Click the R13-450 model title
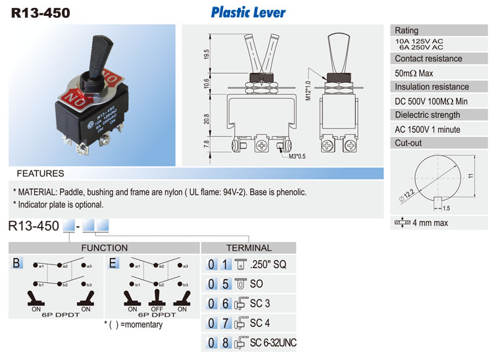[40, 12]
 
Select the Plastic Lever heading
[248, 12]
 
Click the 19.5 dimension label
[207, 55]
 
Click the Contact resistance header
[428, 59]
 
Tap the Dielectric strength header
[428, 115]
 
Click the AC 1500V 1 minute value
[428, 130]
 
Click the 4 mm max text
[430, 223]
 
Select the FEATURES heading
[40, 174]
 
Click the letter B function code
[17, 263]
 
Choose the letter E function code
[114, 263]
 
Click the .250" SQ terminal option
[268, 265]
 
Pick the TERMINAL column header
[249, 247]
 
